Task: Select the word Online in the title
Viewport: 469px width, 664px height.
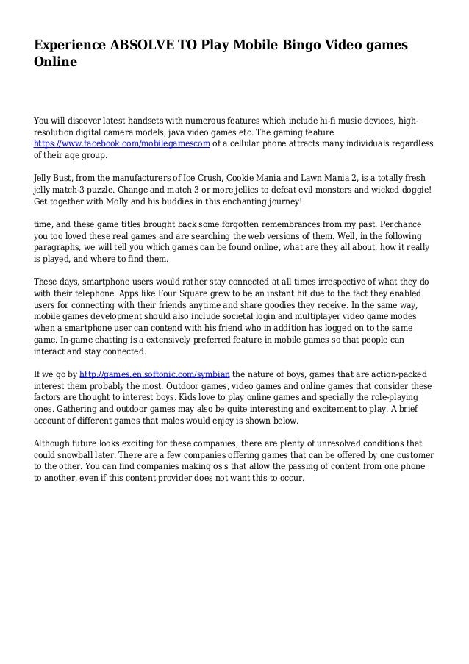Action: pyautogui.click(x=55, y=63)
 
